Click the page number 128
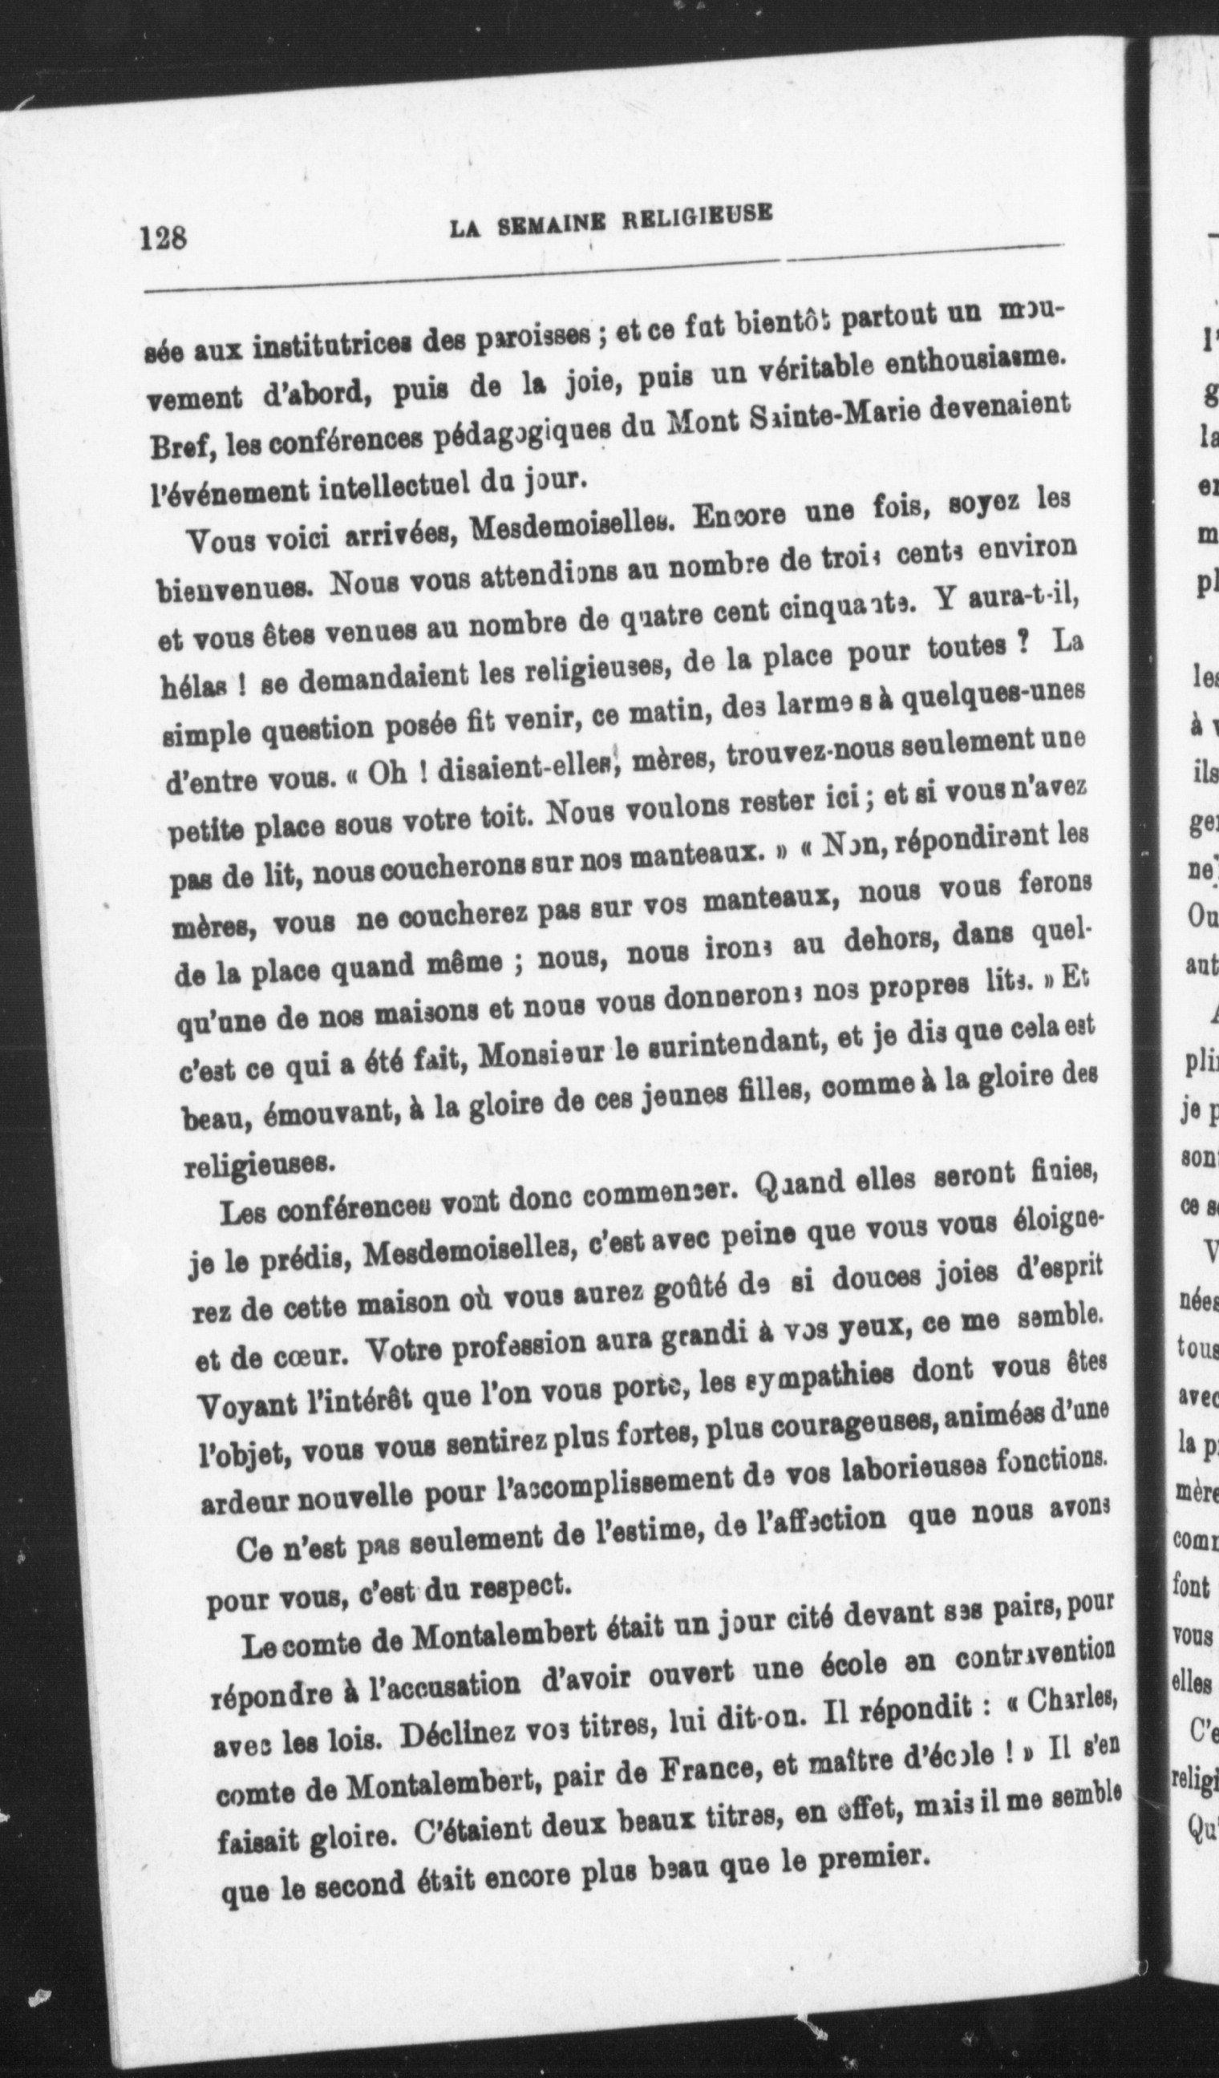tap(164, 239)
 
